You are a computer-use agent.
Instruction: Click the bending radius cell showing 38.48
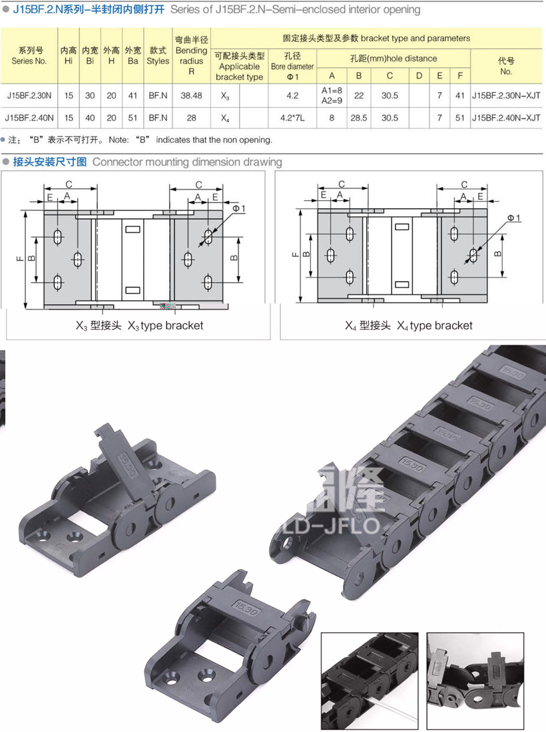click(192, 96)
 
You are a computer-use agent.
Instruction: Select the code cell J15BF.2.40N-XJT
click(506, 118)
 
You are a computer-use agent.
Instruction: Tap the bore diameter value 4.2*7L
click(292, 118)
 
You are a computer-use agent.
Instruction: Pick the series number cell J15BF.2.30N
click(29, 96)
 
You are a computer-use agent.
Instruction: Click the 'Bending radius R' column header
click(192, 55)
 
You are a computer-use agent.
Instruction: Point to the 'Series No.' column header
click(29, 55)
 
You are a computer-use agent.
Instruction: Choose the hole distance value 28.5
click(359, 118)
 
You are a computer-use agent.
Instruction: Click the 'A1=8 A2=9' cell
click(332, 95)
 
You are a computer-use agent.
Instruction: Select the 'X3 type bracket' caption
click(139, 325)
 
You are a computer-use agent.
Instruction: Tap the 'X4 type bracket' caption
click(409, 325)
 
